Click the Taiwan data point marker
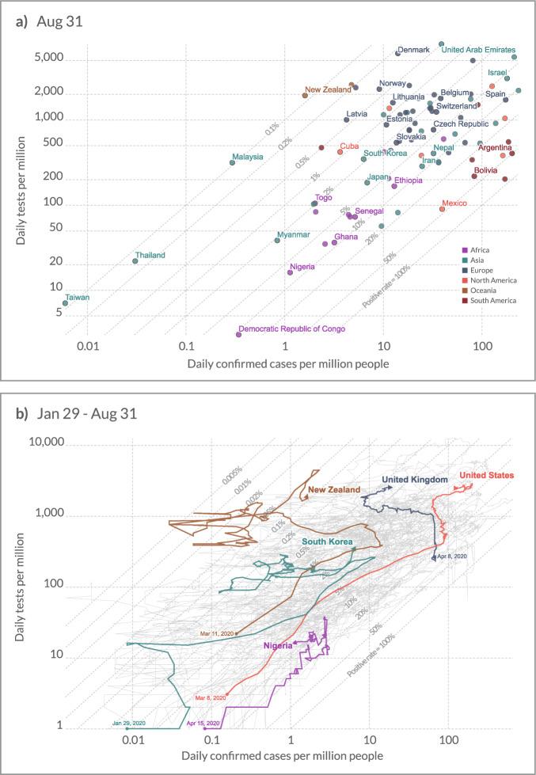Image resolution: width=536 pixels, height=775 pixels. click(66, 303)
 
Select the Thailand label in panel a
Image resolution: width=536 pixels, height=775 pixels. click(150, 255)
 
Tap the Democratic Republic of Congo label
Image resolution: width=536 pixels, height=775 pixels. click(291, 329)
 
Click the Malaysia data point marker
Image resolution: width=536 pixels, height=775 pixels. click(232, 162)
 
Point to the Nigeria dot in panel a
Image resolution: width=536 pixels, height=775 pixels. click(290, 272)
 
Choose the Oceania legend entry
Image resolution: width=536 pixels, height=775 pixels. click(483, 291)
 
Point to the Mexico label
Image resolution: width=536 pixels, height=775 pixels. click(454, 203)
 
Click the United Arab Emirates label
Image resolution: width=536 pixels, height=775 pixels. click(478, 50)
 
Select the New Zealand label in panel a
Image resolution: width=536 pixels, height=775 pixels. click(327, 90)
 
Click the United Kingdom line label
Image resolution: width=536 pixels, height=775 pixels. click(415, 480)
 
